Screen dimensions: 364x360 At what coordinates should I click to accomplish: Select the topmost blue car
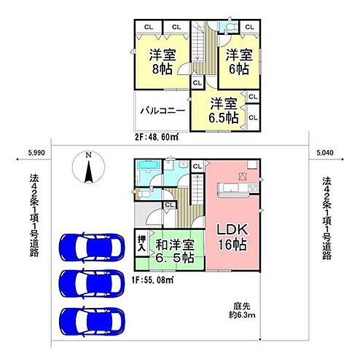(x=92, y=247)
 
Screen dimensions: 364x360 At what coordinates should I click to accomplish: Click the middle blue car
(x=92, y=282)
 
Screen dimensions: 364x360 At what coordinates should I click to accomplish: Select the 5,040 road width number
(x=325, y=153)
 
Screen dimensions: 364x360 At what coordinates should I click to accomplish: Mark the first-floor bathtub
(x=149, y=175)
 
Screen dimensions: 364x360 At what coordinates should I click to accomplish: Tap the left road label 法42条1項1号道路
(x=33, y=218)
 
